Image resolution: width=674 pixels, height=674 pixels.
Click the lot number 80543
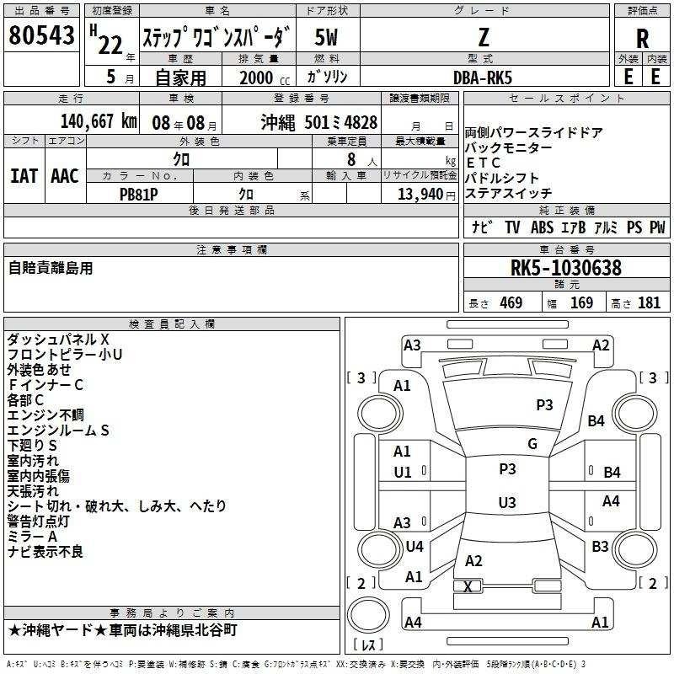[x=41, y=35]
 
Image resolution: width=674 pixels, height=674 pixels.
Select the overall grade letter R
[x=642, y=38]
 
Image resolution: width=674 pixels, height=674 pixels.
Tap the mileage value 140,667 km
[x=99, y=121]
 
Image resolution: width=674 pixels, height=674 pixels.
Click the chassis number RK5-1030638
[x=565, y=267]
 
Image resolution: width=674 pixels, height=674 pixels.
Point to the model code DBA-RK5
[x=483, y=78]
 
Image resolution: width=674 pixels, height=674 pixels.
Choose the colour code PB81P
[x=138, y=195]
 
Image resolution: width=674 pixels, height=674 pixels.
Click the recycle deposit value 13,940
[x=420, y=195]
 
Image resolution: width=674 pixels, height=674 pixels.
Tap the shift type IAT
[x=24, y=176]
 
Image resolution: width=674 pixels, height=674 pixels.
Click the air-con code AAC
[x=65, y=176]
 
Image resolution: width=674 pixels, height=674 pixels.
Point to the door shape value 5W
[x=326, y=37]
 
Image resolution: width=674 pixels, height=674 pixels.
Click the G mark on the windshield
[x=532, y=444]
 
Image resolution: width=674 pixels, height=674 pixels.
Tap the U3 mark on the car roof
[x=507, y=502]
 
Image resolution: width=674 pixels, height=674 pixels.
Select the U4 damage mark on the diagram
[x=415, y=546]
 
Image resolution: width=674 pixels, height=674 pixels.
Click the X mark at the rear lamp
[x=468, y=586]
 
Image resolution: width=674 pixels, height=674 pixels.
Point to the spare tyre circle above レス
[x=368, y=615]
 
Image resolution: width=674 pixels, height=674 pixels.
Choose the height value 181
[x=649, y=302]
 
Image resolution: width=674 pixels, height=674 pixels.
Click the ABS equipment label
[x=542, y=227]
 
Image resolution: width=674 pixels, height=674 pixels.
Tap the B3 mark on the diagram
[x=600, y=546]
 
